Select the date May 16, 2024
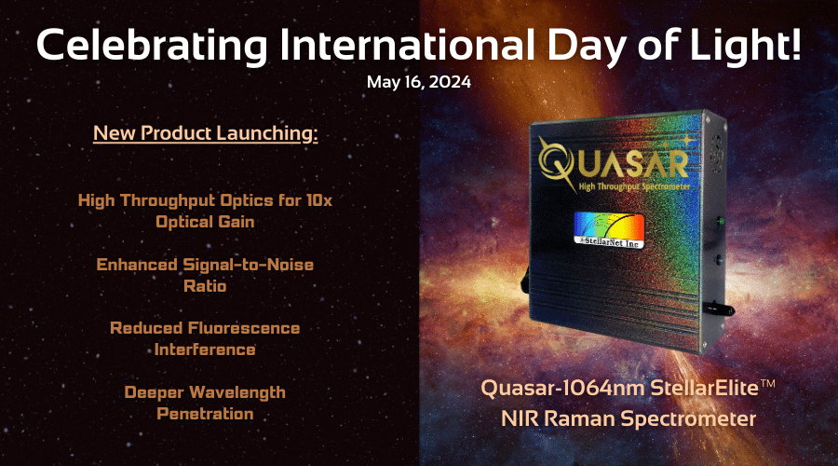[418, 82]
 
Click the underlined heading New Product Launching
[206, 133]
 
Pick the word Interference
[205, 349]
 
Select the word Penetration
[205, 412]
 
